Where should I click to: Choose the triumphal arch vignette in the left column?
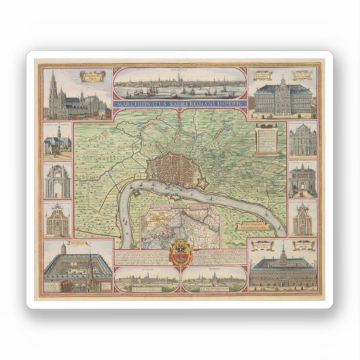[58, 180]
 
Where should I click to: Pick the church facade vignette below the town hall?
[302, 141]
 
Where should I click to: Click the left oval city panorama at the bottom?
[147, 278]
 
